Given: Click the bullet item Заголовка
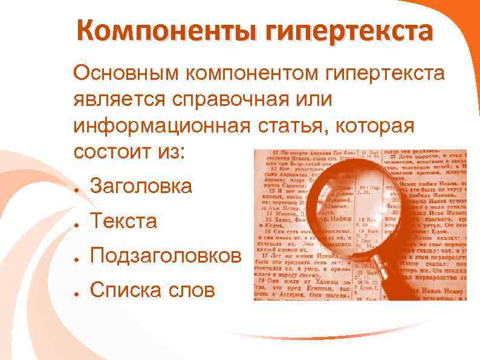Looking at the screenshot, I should (140, 186).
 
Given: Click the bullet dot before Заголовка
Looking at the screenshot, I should (78, 188).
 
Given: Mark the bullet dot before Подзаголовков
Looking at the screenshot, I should (78, 258).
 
